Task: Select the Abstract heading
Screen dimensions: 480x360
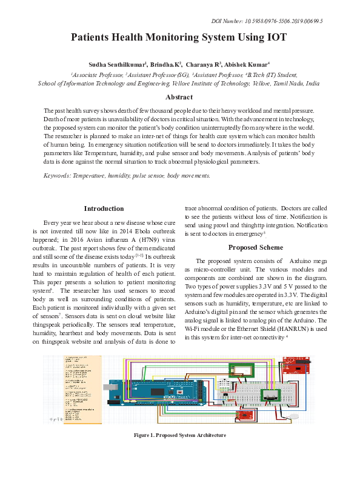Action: click(x=179, y=97)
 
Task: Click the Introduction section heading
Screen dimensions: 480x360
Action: click(x=104, y=208)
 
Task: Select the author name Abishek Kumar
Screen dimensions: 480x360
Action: click(x=247, y=64)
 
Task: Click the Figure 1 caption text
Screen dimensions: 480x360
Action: click(x=179, y=435)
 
